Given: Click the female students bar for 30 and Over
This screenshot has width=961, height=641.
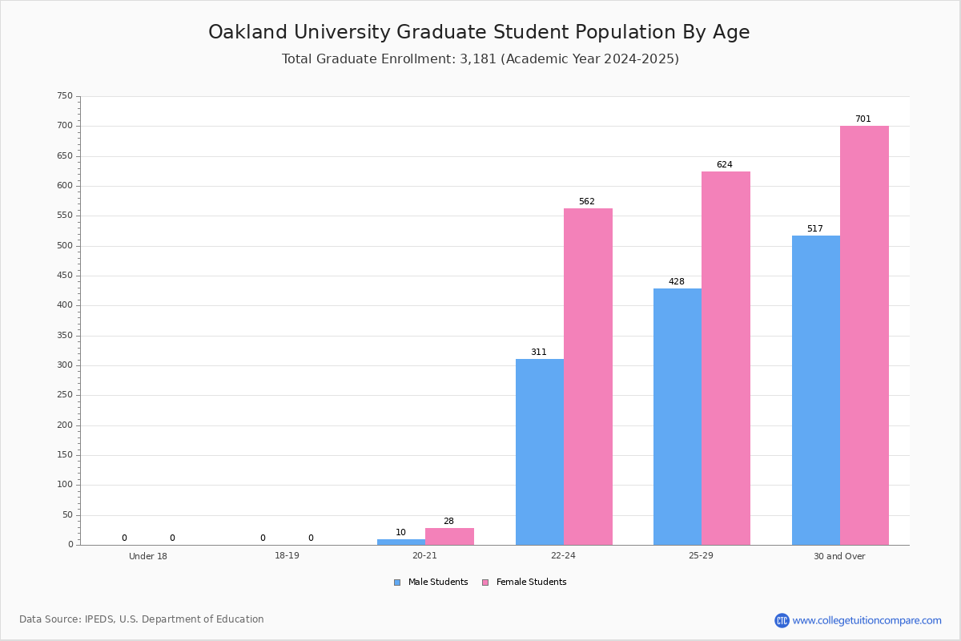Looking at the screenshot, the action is [864, 335].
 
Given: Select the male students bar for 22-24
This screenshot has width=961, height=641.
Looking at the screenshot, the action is [540, 452].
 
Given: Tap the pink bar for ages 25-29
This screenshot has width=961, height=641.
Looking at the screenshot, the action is [726, 358].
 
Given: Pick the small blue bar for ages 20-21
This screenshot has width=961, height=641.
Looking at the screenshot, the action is [401, 542].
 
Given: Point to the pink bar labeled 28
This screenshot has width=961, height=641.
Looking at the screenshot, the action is [449, 537].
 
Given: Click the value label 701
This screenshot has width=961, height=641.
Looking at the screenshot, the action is [863, 119].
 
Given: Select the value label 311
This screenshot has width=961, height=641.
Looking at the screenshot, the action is [539, 352].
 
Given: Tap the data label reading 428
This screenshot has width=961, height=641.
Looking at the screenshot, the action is [677, 282].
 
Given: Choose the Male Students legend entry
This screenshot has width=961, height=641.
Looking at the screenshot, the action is [431, 583].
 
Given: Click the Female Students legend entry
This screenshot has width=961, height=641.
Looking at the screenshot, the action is [525, 583].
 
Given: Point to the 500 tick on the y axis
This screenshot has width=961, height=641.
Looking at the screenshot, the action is [65, 246].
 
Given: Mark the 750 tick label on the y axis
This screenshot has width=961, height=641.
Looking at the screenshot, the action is [65, 95].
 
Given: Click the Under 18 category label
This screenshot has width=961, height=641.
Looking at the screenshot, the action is [148, 556].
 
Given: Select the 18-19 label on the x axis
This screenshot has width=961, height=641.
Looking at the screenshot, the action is [287, 555].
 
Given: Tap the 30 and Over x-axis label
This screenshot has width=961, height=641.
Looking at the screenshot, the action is [839, 556].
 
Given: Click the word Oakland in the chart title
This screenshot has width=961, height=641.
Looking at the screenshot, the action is [248, 32].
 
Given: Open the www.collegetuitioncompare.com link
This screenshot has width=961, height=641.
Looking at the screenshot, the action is [867, 620].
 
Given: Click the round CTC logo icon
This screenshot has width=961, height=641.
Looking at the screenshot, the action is [782, 620].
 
